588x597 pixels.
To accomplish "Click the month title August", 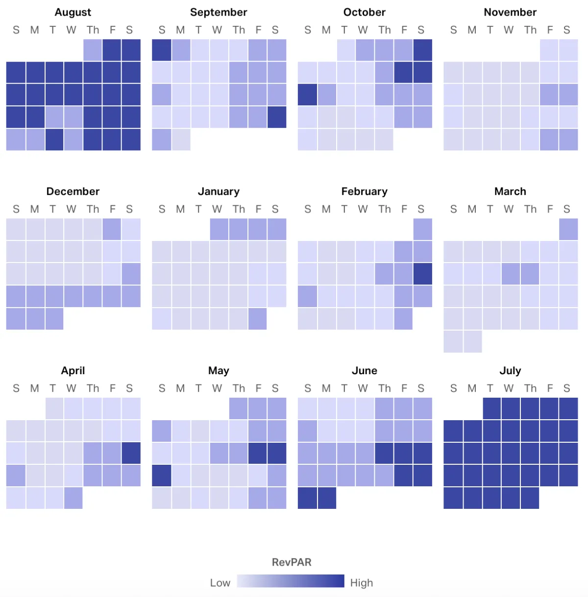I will coord(73,12).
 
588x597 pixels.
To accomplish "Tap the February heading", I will coord(364,191).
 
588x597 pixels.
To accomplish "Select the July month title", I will coord(510,371).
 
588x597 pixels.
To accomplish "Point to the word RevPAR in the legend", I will coord(292,562).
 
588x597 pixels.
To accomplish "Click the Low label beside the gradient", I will coord(220,583).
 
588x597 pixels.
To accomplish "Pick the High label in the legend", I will coord(362,583).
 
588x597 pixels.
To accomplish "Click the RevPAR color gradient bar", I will coord(291,581).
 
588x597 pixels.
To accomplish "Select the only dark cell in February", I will coord(422,274).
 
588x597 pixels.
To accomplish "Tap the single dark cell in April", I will coord(131,453).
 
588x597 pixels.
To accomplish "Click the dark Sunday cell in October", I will coord(307,95).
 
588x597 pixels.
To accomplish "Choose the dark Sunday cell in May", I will coord(162,476).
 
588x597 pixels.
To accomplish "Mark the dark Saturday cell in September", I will coord(277,117).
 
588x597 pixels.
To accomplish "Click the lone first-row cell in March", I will coord(568,229).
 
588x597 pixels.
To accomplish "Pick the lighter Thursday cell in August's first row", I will coord(93,50).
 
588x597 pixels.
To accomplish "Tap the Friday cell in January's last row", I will coord(258,319).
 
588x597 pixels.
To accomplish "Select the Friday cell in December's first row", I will coord(112,229).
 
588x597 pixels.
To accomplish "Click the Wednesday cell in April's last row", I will coord(73,498).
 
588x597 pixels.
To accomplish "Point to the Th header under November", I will coord(530,30).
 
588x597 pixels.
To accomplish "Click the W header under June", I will coord(363,388).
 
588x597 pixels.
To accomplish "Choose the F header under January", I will coord(258,209).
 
